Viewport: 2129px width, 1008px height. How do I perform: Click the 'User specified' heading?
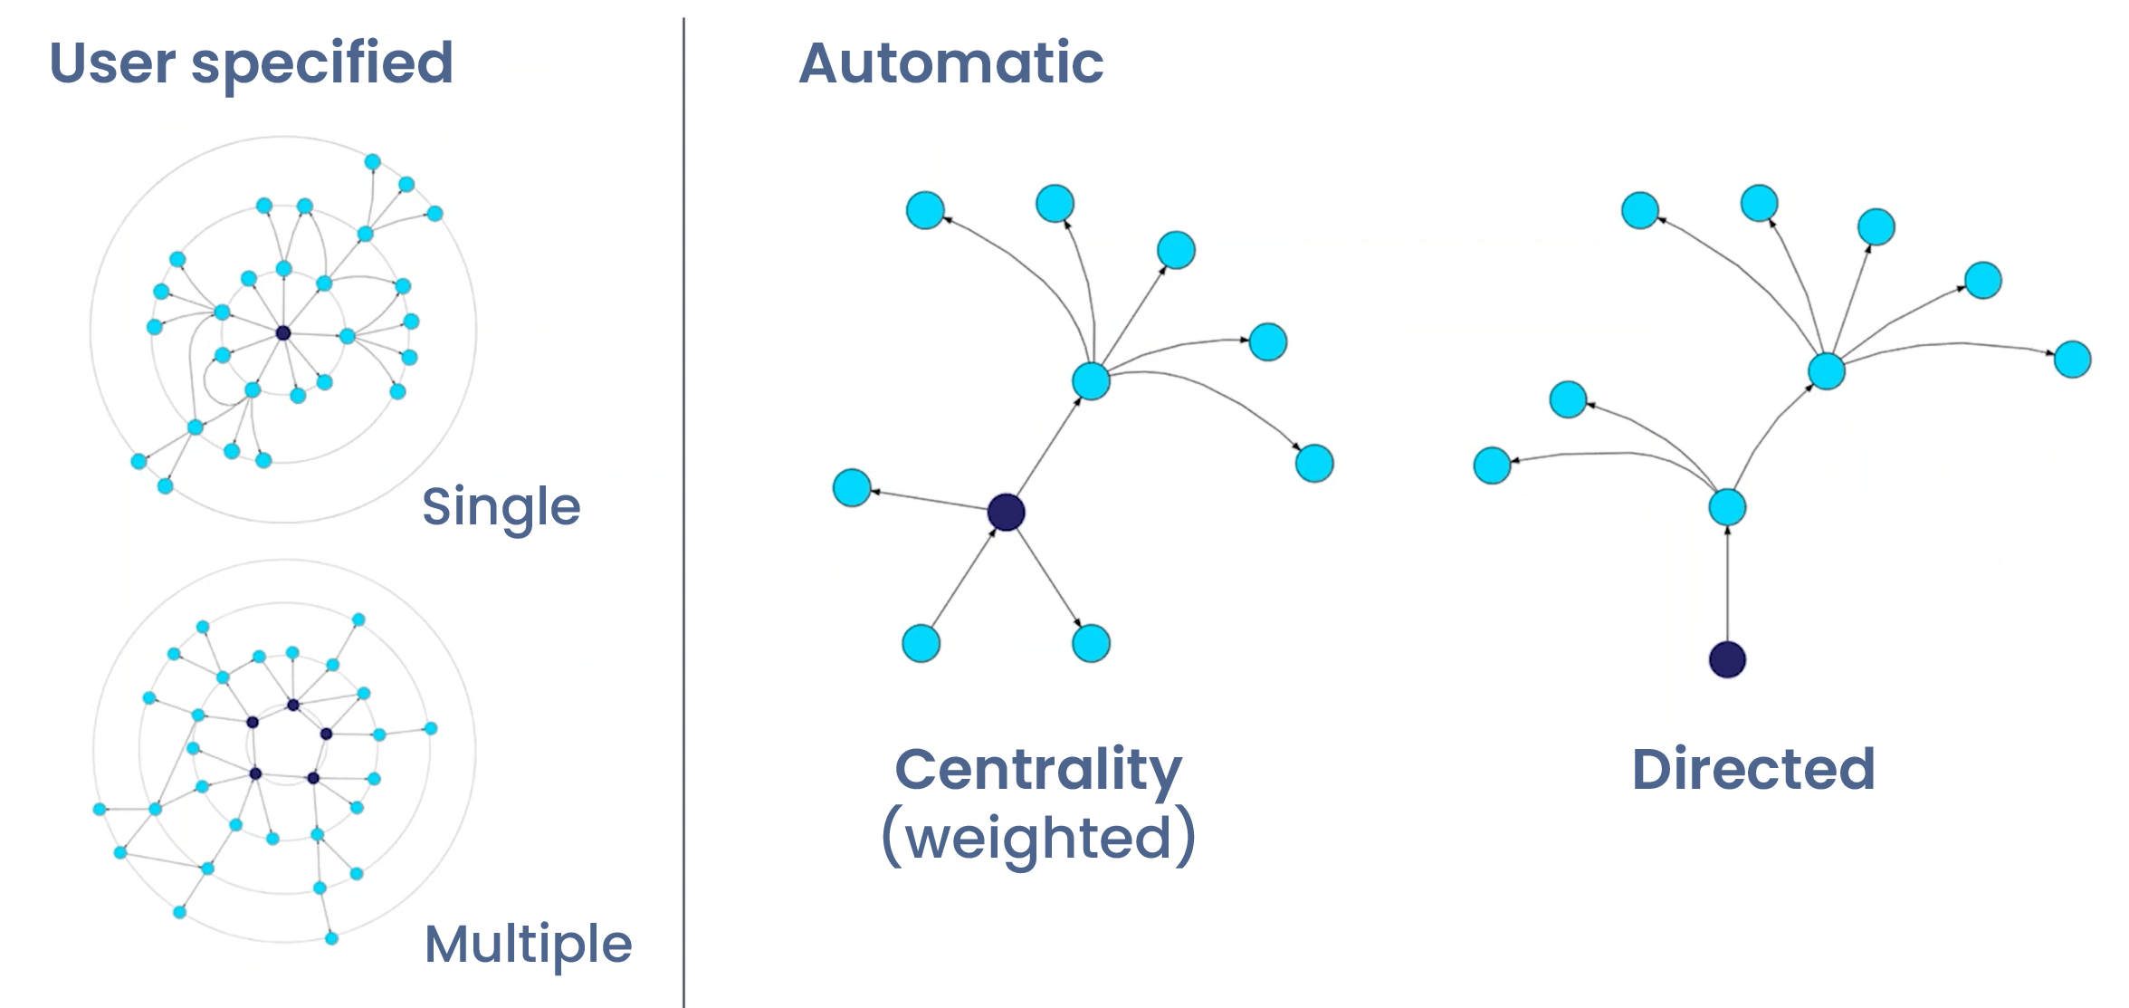click(x=251, y=63)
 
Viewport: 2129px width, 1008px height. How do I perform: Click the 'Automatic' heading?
click(x=950, y=63)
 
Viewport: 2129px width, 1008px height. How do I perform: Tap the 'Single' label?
click(x=501, y=506)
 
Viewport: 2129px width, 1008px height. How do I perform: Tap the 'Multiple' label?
click(x=528, y=944)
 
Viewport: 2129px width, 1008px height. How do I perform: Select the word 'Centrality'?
click(x=1038, y=770)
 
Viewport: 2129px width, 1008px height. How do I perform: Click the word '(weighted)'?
click(x=1038, y=837)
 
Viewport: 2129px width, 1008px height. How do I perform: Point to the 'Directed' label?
click(x=1752, y=770)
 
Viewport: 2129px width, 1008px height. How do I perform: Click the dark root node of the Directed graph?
click(x=1726, y=659)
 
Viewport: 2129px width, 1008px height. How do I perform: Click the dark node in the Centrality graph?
click(x=1006, y=513)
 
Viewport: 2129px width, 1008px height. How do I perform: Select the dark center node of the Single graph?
click(x=283, y=333)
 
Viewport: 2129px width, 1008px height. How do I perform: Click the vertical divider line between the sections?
click(x=683, y=507)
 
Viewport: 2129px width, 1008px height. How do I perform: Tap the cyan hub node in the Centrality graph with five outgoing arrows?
click(x=1091, y=381)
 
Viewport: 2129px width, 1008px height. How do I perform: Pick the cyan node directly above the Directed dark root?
click(x=1726, y=507)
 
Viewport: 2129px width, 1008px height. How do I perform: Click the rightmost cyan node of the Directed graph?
click(x=2072, y=360)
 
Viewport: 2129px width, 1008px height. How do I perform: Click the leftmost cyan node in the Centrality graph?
click(x=852, y=488)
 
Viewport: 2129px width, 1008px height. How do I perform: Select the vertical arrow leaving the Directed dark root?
click(x=1726, y=584)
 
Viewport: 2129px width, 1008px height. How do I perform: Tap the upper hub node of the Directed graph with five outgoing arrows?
click(x=1826, y=371)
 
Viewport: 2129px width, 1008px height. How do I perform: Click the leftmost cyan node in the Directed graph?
click(x=1492, y=466)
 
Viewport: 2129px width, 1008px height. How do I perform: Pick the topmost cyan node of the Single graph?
click(x=372, y=162)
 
